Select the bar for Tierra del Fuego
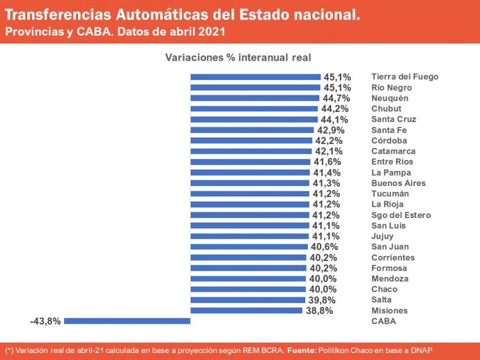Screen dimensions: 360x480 coord(255,77)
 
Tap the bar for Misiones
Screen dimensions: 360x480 coord(246,311)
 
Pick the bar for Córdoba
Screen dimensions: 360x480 coord(251,141)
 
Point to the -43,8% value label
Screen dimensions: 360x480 coord(45,321)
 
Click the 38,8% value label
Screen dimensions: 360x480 coord(320,311)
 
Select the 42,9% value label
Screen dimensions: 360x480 coord(330,130)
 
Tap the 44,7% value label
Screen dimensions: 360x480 coord(335,98)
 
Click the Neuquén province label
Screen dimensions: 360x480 coord(390,98)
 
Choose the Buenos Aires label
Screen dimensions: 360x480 coord(398,183)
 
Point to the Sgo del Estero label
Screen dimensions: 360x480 coord(401,215)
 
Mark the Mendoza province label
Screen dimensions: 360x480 coord(390,279)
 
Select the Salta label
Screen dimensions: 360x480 coord(381,300)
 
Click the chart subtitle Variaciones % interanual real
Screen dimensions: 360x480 coord(238,58)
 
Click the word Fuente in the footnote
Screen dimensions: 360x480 coord(303,350)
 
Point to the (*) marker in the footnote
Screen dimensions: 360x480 coord(9,350)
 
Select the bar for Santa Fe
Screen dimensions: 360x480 coord(252,130)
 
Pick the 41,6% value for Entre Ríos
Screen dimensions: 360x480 coord(327,162)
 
